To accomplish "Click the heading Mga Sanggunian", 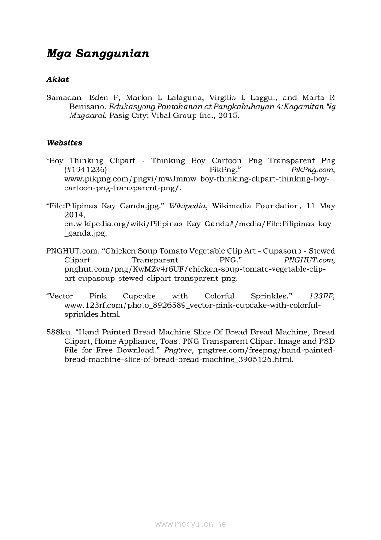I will (x=98, y=54).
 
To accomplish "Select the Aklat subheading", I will (x=58, y=79).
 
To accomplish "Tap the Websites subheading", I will (x=64, y=143).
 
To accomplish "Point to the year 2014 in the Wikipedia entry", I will (x=74, y=215).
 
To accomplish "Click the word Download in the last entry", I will (x=137, y=351).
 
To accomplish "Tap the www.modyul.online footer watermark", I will (x=190, y=524).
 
